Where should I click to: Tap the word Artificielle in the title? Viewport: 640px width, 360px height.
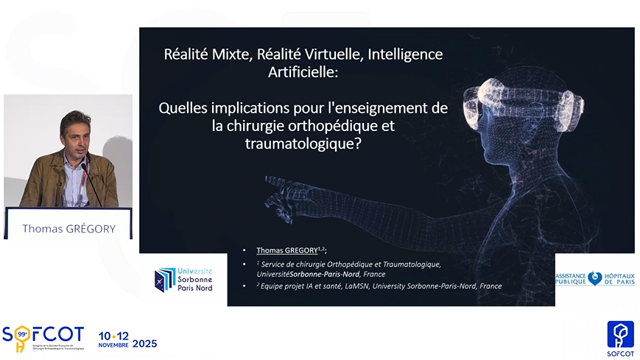point(303,73)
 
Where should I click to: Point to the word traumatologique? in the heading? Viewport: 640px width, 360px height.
point(303,144)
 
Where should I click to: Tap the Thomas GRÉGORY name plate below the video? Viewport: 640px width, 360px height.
point(68,228)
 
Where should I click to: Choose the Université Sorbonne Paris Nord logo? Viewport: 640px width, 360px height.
point(183,280)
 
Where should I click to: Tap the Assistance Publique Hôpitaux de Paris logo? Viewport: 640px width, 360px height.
point(594,278)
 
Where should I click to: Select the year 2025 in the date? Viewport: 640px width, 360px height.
point(144,342)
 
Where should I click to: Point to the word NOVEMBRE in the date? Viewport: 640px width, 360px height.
point(113,345)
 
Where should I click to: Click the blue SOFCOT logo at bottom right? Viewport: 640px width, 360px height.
point(619,336)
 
